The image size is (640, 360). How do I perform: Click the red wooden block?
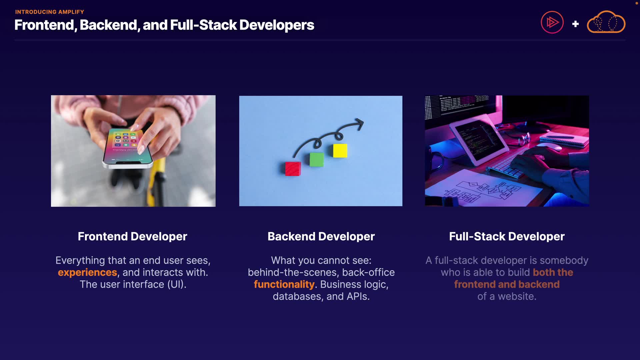pyautogui.click(x=293, y=169)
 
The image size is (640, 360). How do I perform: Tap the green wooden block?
pyautogui.click(x=316, y=159)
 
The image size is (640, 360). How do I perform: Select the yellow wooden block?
pyautogui.click(x=340, y=151)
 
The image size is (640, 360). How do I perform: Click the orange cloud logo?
pyautogui.click(x=606, y=22)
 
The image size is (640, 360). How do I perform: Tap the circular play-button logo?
pyautogui.click(x=552, y=22)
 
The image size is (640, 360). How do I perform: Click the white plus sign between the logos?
pyautogui.click(x=575, y=24)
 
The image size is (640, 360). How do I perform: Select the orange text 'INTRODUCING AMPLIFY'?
pyautogui.click(x=50, y=12)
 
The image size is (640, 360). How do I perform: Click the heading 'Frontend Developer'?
pyautogui.click(x=132, y=236)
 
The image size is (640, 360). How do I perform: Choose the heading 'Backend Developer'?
pyautogui.click(x=321, y=236)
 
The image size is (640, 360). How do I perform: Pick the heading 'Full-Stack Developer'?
pyautogui.click(x=507, y=236)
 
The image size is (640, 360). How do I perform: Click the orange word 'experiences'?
pyautogui.click(x=87, y=273)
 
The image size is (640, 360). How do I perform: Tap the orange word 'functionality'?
pyautogui.click(x=284, y=284)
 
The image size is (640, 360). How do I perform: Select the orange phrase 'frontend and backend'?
pyautogui.click(x=507, y=284)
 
